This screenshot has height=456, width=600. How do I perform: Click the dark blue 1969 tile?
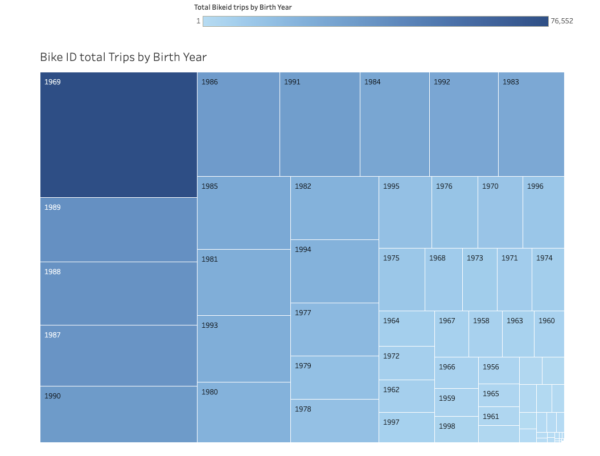coord(118,135)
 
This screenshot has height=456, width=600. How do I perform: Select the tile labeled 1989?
coord(118,230)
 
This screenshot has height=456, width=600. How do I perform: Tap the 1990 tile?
coord(118,414)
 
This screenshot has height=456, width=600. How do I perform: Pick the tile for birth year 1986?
coord(238,124)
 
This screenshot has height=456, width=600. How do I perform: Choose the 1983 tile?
coord(531,124)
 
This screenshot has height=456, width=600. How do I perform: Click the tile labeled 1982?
coord(334,208)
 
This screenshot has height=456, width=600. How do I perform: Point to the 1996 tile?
coord(543,212)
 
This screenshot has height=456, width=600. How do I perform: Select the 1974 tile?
coord(548,279)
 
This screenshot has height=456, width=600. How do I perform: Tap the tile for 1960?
coord(549,333)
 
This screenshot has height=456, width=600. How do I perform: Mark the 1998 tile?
coord(456,429)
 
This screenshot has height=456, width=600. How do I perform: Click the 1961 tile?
coord(499,416)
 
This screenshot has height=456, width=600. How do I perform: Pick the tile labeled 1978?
coord(334,421)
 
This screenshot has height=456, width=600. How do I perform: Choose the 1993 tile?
coord(244,348)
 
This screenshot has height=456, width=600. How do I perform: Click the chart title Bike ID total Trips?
coord(123,57)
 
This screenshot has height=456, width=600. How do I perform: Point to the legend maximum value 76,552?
coord(561,21)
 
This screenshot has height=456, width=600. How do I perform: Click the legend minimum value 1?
coord(198,21)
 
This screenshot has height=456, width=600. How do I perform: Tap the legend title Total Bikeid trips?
coord(243,7)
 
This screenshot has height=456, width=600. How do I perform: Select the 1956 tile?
coord(499,370)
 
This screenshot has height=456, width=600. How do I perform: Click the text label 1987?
coord(52,335)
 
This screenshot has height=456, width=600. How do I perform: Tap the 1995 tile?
coord(405,212)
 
